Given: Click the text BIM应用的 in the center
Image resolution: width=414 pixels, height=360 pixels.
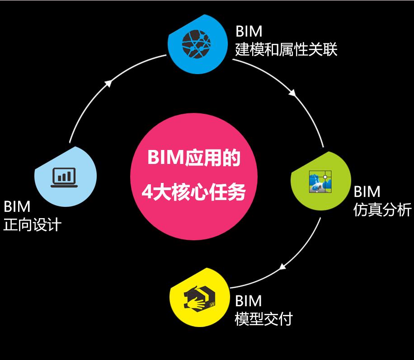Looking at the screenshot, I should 193,159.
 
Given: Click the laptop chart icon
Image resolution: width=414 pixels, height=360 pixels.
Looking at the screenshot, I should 63,177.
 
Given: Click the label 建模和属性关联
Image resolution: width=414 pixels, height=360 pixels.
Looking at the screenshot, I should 286,49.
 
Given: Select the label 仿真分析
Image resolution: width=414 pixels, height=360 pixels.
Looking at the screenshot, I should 382,210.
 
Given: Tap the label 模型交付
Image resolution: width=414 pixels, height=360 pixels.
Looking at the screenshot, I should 263,319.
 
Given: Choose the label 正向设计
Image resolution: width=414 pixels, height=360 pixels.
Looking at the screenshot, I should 32,224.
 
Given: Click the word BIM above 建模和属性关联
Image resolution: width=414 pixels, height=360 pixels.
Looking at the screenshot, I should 249,32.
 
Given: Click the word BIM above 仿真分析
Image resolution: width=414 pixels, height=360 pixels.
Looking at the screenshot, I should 367,192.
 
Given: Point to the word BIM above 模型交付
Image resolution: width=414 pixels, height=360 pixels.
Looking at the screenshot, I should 249,301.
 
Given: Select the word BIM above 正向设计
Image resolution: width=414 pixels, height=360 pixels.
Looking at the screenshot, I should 17,206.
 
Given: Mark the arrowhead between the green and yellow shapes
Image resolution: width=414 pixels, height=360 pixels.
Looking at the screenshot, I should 282,266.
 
